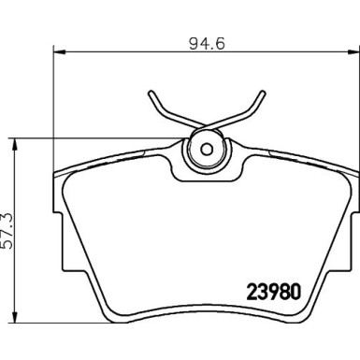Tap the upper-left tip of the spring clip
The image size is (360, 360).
151,93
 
